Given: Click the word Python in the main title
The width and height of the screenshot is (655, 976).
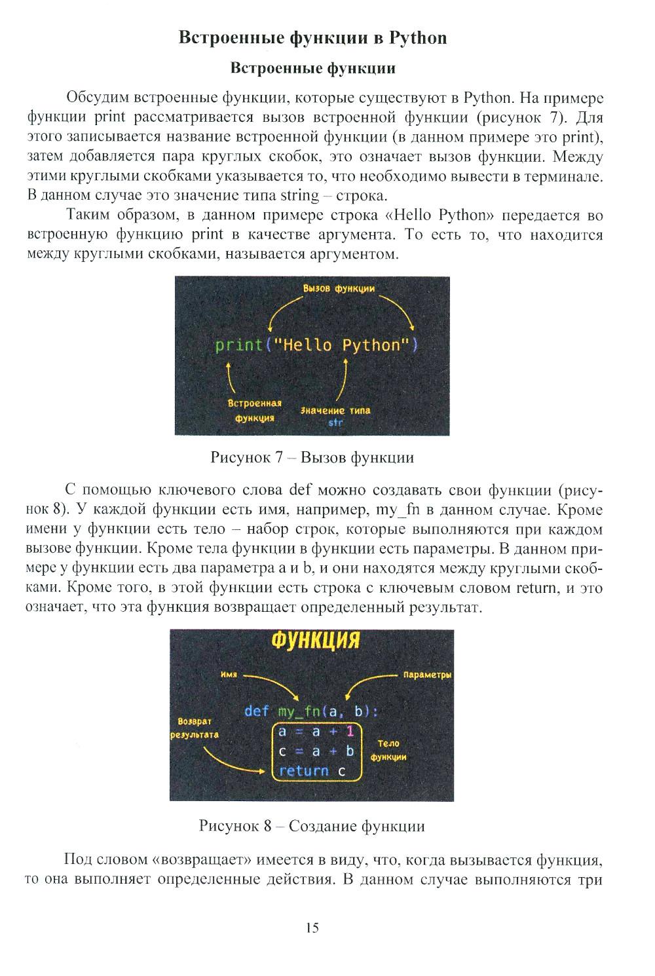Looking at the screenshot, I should (418, 38).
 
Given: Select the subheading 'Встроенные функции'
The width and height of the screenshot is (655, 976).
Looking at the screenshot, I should (312, 68).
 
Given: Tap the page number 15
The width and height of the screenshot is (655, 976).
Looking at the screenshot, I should (312, 928).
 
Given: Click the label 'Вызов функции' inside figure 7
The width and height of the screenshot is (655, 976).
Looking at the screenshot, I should (339, 289).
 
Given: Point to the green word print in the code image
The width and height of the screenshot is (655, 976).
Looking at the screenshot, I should (239, 345).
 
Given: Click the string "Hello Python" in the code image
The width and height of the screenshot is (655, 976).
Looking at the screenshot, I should (340, 345).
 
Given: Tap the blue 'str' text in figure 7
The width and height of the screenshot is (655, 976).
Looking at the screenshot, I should (335, 422).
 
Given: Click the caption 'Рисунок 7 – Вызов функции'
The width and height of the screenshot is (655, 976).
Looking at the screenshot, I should (312, 457).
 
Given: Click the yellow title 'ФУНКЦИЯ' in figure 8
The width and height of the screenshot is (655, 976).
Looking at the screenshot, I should (316, 640).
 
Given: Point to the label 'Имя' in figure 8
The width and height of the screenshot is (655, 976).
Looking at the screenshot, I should (229, 675).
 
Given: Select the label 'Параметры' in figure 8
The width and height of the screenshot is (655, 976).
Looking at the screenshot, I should (428, 675).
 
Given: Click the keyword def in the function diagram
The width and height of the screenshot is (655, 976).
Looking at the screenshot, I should (257, 711).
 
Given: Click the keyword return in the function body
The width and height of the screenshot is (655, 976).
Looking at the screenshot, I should (304, 770).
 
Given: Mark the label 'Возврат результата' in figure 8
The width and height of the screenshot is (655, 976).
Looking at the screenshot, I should (195, 728).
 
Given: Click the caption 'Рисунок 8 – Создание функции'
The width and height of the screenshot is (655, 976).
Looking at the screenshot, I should (312, 826).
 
